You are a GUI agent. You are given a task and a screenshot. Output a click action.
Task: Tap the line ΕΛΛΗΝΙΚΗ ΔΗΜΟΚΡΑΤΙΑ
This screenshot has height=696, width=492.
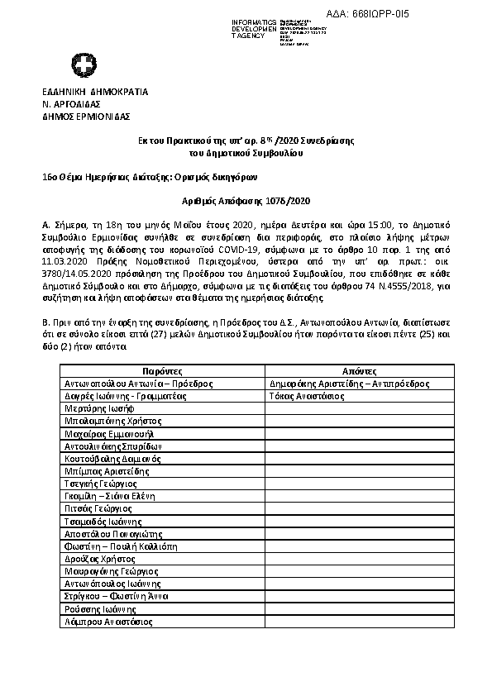click(95, 92)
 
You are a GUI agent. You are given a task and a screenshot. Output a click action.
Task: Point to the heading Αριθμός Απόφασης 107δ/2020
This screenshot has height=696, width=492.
click(246, 201)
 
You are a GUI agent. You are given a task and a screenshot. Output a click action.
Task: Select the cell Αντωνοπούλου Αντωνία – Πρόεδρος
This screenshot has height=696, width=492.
click(138, 384)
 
